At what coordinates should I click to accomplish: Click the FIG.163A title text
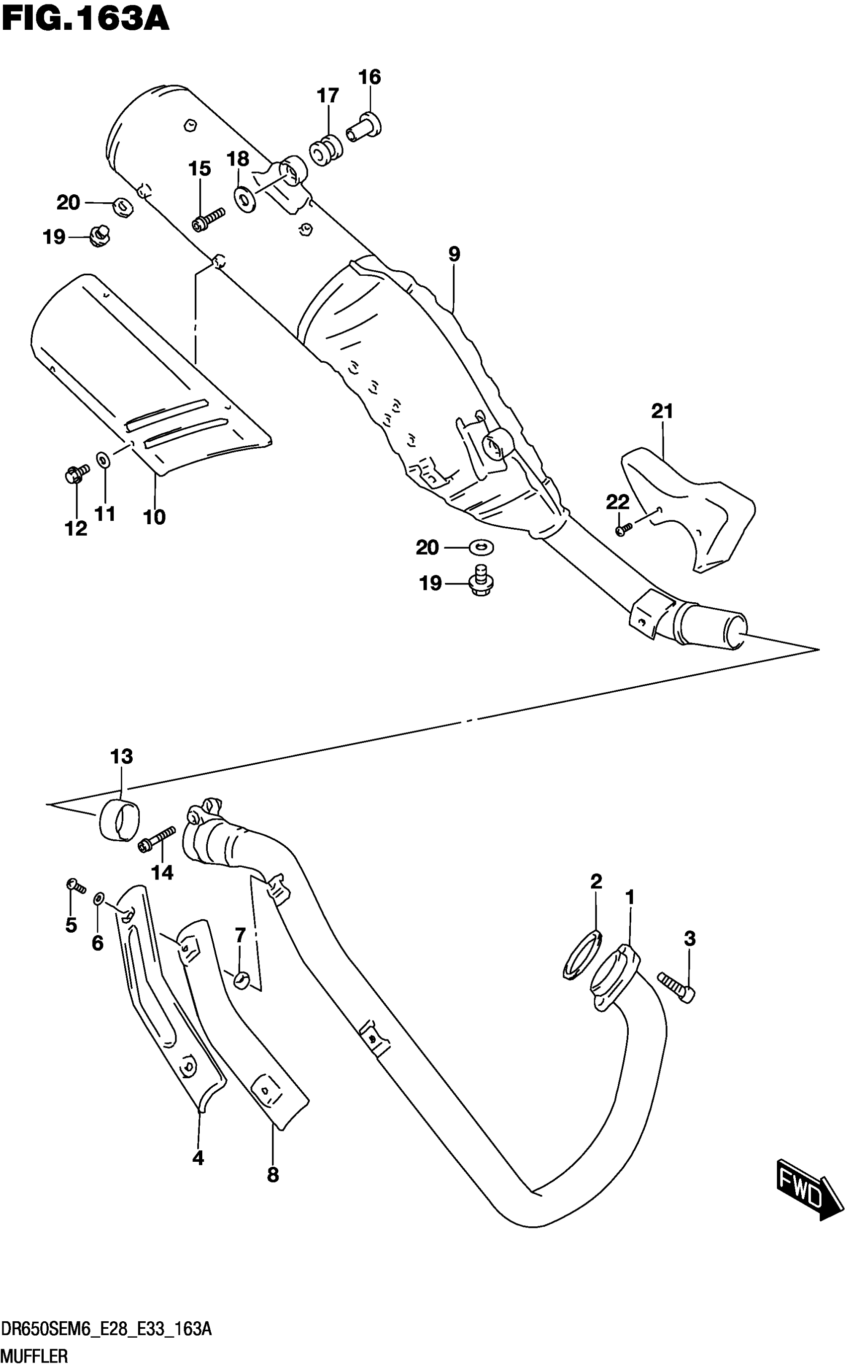click(x=85, y=20)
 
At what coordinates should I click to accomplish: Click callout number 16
click(x=369, y=77)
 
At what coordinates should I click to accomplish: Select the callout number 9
click(x=454, y=254)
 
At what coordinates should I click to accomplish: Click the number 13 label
click(x=121, y=756)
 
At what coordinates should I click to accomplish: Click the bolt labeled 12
click(x=75, y=474)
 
